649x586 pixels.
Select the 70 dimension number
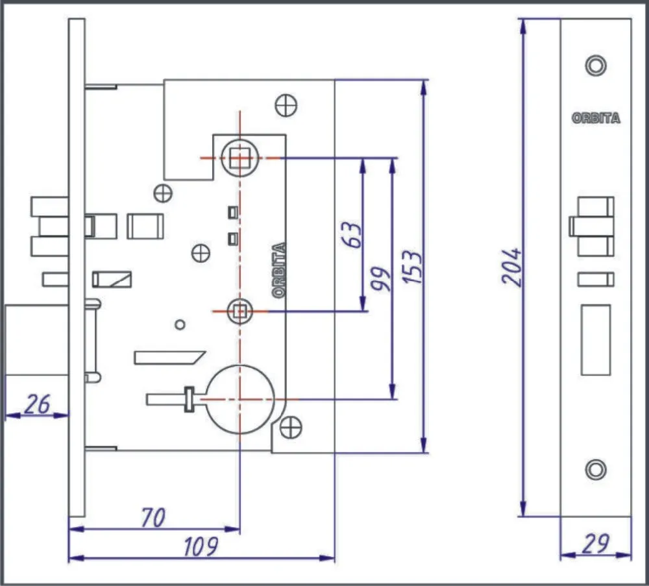[x=153, y=517]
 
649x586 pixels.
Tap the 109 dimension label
[x=200, y=546]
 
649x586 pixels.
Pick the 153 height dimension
[x=412, y=266]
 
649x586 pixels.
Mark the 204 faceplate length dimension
[x=511, y=266]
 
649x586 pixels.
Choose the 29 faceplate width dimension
[x=594, y=544]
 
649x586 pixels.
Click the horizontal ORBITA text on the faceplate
[x=595, y=118]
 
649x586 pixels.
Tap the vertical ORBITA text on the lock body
[x=280, y=270]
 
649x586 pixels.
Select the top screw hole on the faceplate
[x=595, y=66]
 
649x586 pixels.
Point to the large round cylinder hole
[x=239, y=399]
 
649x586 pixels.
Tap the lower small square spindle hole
[x=239, y=311]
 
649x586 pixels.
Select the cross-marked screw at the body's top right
[x=286, y=105]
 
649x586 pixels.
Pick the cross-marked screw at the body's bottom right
[x=291, y=427]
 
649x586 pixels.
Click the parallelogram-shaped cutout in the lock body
[x=169, y=357]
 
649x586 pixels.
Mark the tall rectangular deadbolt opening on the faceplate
[x=595, y=341]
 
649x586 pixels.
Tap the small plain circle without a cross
[x=180, y=324]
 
